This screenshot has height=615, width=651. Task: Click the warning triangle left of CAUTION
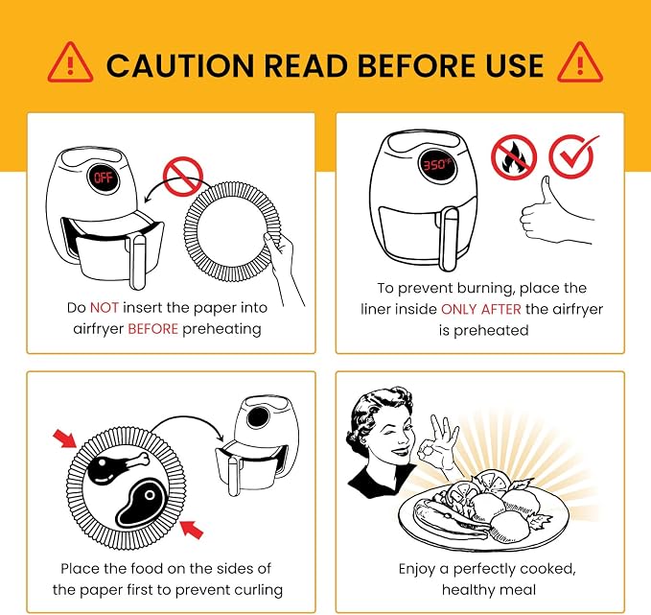pos(70,62)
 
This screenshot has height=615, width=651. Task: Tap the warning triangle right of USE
pos(580,62)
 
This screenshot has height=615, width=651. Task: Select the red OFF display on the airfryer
pos(103,177)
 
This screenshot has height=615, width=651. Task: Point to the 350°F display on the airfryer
pos(437,165)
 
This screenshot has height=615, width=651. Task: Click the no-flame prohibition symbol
pos(514,157)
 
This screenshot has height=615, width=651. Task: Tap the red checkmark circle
pos(573,156)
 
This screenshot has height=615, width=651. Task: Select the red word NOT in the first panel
pos(105,307)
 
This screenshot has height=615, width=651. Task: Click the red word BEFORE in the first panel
pos(152,329)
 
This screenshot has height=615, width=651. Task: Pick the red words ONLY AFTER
pos(480,309)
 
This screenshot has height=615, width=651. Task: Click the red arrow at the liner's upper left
pos(65,438)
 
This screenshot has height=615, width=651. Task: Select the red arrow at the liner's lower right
pos(192,529)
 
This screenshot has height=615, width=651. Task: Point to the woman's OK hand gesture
pos(439,442)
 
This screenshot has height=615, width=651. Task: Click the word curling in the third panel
pos(258,590)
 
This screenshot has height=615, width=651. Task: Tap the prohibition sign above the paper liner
pos(183,177)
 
